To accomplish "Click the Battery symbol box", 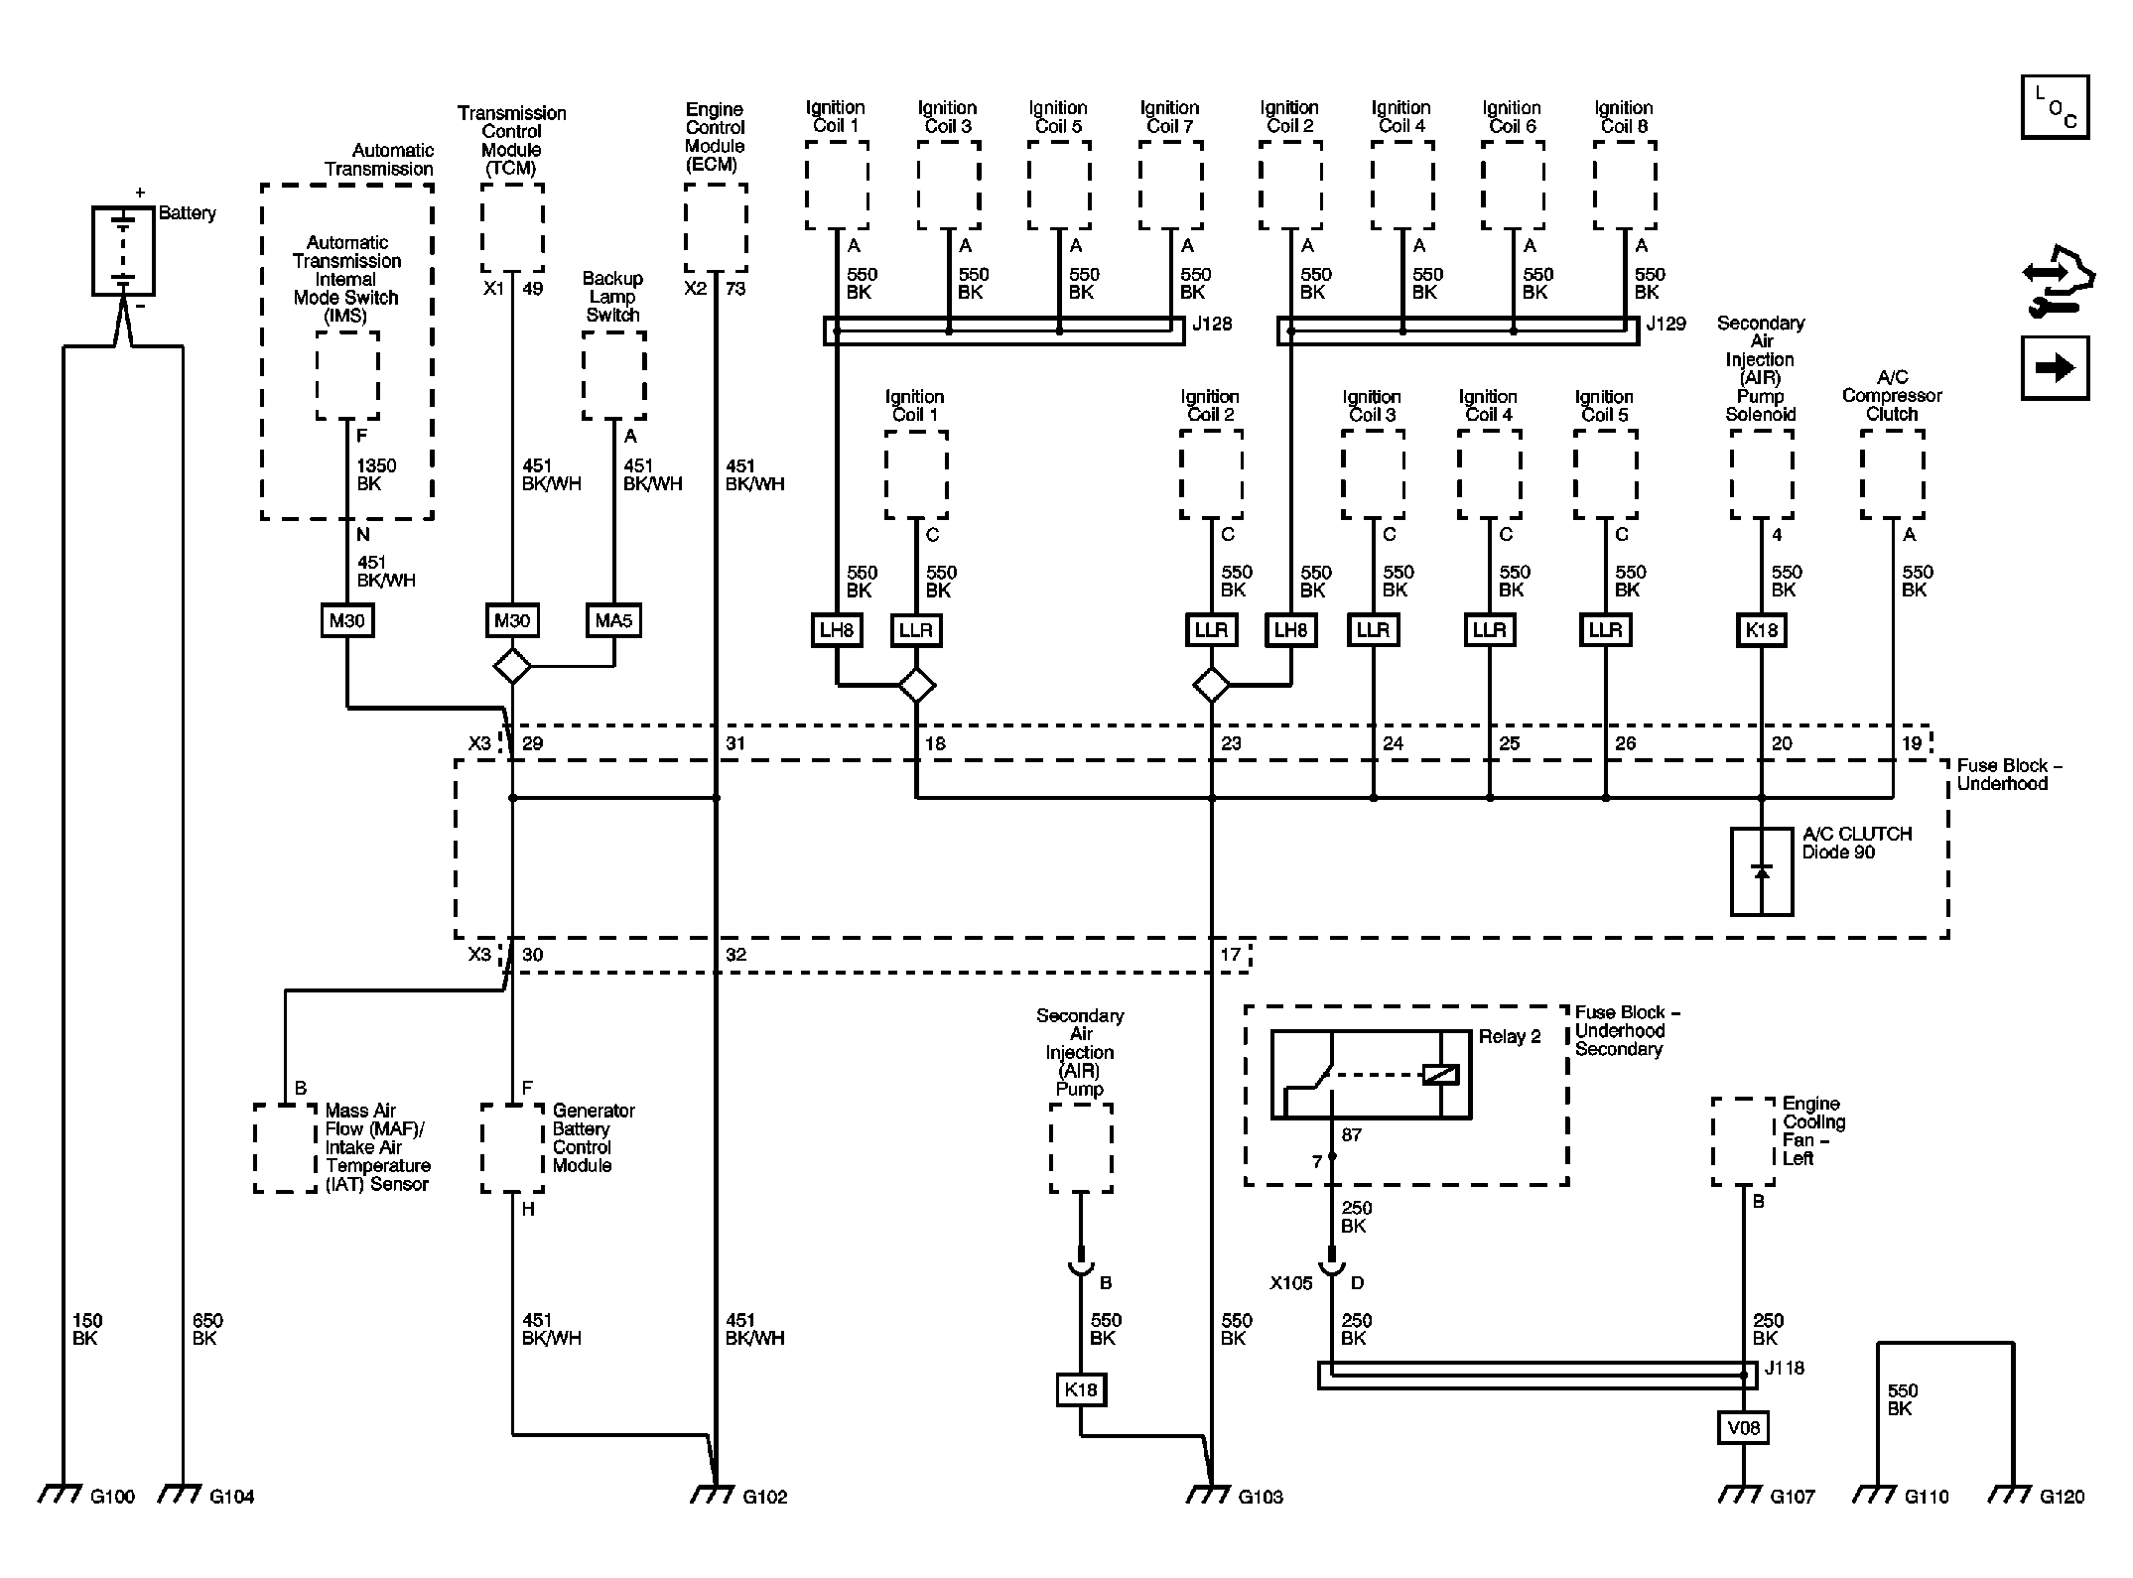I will coord(123,250).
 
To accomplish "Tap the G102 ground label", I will coord(764,1497).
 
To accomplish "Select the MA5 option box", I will coord(612,621).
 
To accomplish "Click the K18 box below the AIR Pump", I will coord(1080,1389).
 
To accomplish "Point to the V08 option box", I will coord(1743,1428).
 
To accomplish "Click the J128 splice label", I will coord(1212,324).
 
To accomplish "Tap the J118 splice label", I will coord(1784,1368).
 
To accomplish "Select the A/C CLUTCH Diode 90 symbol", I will coord(1762,871).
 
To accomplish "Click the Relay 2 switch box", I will coord(1371,1075).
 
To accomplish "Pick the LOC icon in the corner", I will coord(2055,107).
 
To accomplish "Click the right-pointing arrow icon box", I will coord(2055,368).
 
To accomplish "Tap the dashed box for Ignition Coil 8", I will coord(1624,186).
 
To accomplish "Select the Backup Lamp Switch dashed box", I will coord(613,376).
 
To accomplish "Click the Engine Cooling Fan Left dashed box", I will coord(1743,1141).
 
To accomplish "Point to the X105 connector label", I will coord(1290,1283).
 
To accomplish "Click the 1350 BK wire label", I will coord(376,474).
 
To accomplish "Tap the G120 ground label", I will coord(2062,1497).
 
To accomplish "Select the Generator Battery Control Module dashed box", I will coord(512,1148).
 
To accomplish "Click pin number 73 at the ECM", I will coord(735,289).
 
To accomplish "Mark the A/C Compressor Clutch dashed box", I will coord(1892,474).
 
